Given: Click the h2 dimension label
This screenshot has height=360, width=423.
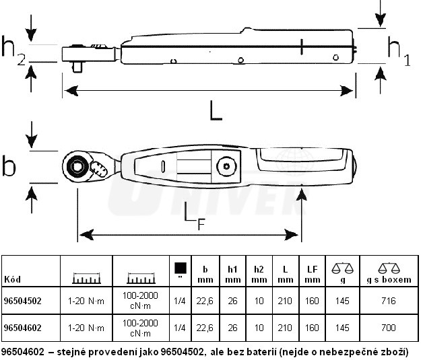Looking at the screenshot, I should click(x=12, y=50).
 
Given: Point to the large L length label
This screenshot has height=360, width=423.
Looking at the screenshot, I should click(x=215, y=110).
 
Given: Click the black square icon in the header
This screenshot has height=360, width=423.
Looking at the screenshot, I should click(x=179, y=267).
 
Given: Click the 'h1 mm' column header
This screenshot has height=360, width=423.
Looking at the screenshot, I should click(x=233, y=274).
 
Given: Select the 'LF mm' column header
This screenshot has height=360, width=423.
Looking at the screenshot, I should click(x=311, y=274).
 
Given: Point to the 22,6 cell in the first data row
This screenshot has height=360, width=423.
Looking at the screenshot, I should click(x=205, y=301).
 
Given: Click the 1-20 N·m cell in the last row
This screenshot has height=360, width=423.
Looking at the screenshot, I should click(x=87, y=328).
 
